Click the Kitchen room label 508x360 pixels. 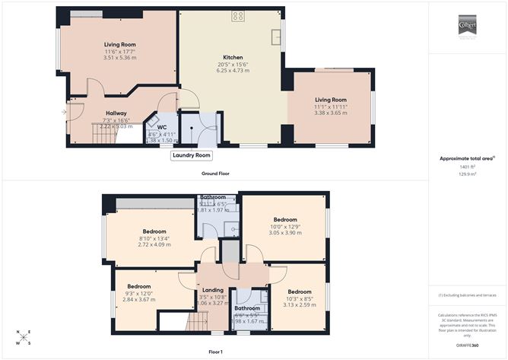232,57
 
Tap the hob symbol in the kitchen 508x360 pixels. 237,15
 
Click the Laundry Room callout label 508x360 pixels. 191,155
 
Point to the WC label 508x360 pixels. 161,127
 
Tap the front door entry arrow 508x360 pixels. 65,113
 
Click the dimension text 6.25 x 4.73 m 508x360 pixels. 232,71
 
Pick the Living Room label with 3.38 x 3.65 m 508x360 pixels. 331,100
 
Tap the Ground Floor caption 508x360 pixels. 215,174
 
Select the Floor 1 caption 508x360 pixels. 215,352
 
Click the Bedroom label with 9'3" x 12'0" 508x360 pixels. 138,286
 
